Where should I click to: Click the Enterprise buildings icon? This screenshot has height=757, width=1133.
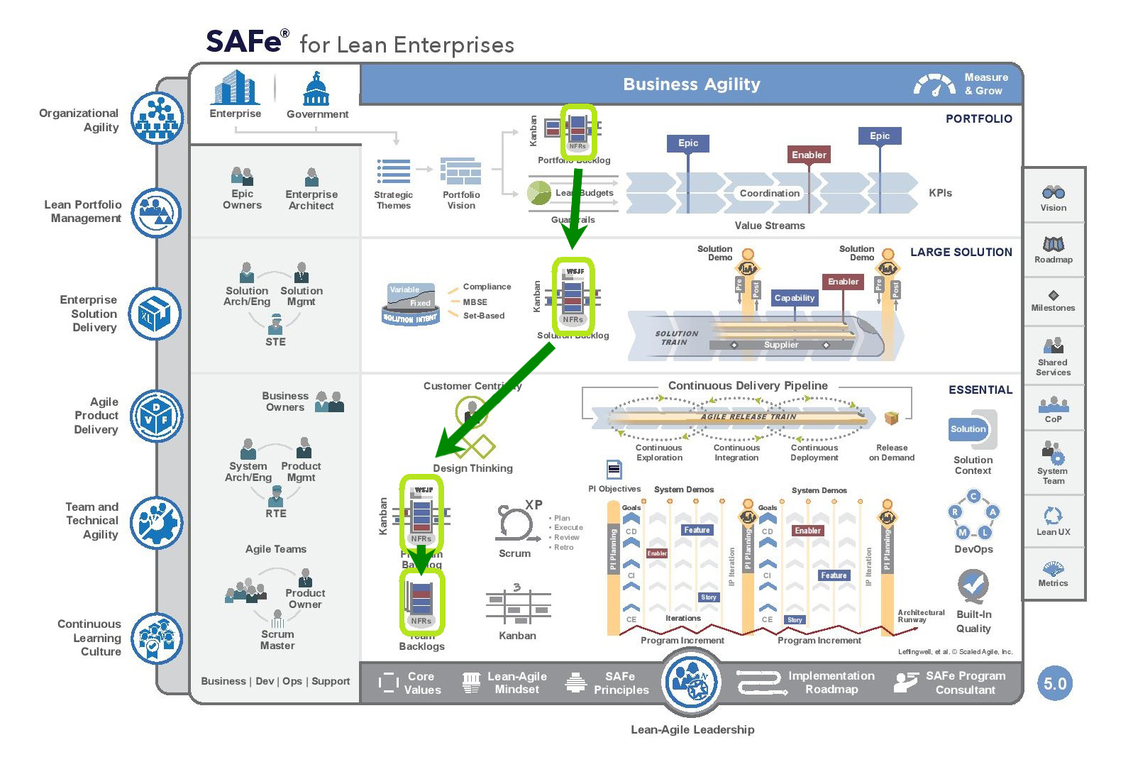[x=236, y=88]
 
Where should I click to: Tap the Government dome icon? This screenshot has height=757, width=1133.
[x=316, y=89]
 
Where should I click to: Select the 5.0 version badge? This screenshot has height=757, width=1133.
[x=1054, y=684]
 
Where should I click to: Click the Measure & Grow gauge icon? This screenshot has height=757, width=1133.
[x=934, y=84]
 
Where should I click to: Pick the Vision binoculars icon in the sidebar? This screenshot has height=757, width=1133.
[x=1053, y=192]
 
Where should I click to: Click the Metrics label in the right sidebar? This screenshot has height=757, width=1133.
[x=1053, y=583]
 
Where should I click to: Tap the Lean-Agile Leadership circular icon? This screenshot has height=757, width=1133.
[x=692, y=682]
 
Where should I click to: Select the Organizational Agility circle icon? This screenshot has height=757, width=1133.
[x=157, y=118]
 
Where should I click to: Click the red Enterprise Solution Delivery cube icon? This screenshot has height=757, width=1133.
[x=155, y=314]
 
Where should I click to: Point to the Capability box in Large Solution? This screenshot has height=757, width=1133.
[x=794, y=298]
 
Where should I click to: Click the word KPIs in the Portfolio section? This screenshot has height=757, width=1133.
[x=940, y=193]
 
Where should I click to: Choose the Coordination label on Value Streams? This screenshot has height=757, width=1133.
[x=769, y=193]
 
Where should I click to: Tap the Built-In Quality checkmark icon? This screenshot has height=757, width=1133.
[x=973, y=585]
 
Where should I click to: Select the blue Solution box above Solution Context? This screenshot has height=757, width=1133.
[x=968, y=429]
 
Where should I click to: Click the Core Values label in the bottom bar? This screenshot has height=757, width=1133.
[x=421, y=683]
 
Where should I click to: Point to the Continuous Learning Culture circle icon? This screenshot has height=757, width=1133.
[x=157, y=638]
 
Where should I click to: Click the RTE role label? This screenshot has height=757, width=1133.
[x=276, y=514]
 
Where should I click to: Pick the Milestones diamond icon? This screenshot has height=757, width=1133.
[x=1054, y=295]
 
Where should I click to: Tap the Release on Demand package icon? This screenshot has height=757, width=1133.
[x=891, y=418]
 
